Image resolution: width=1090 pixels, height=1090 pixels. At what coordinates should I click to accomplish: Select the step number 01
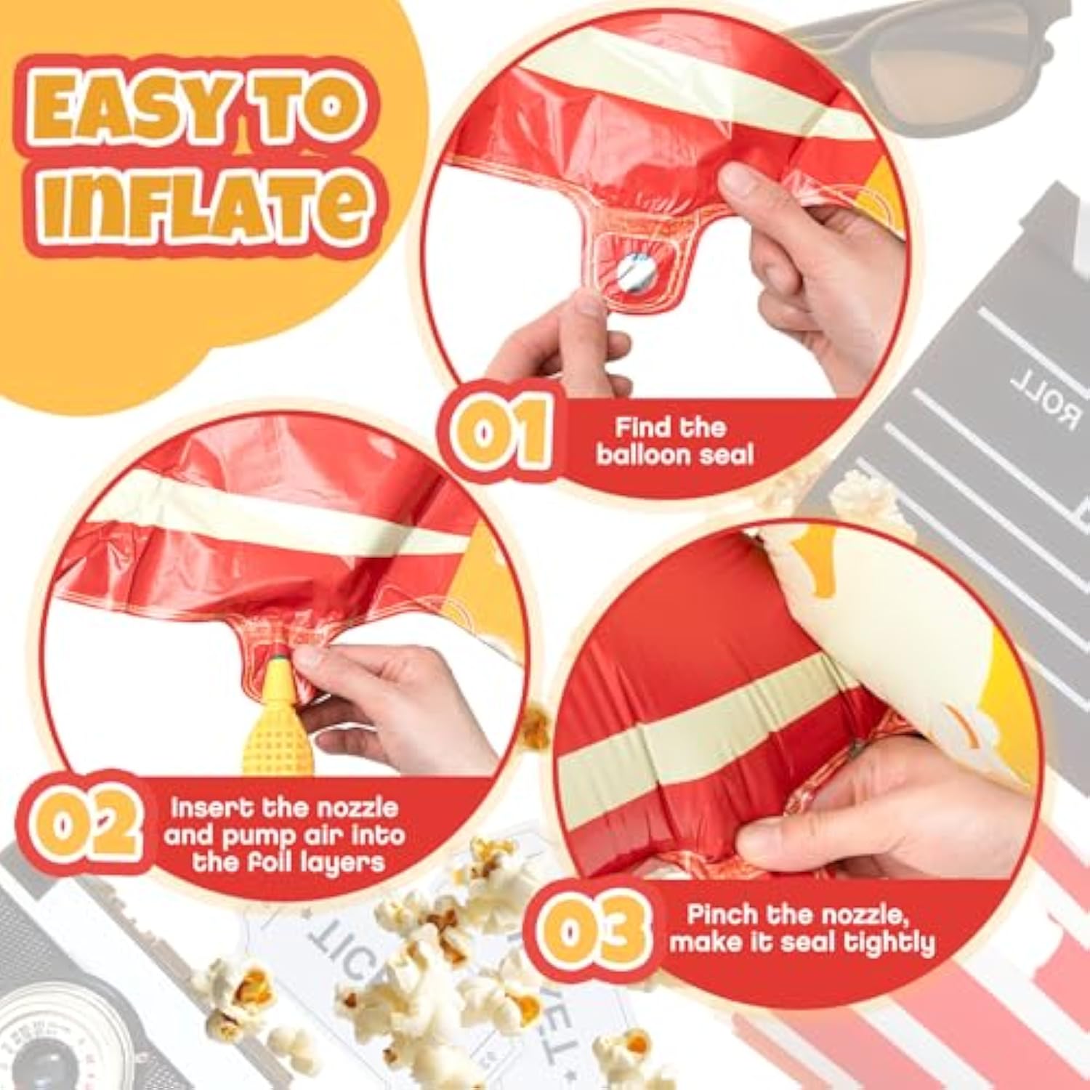pos(501,432)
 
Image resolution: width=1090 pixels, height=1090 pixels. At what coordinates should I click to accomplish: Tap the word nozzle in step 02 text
pos(360,808)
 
